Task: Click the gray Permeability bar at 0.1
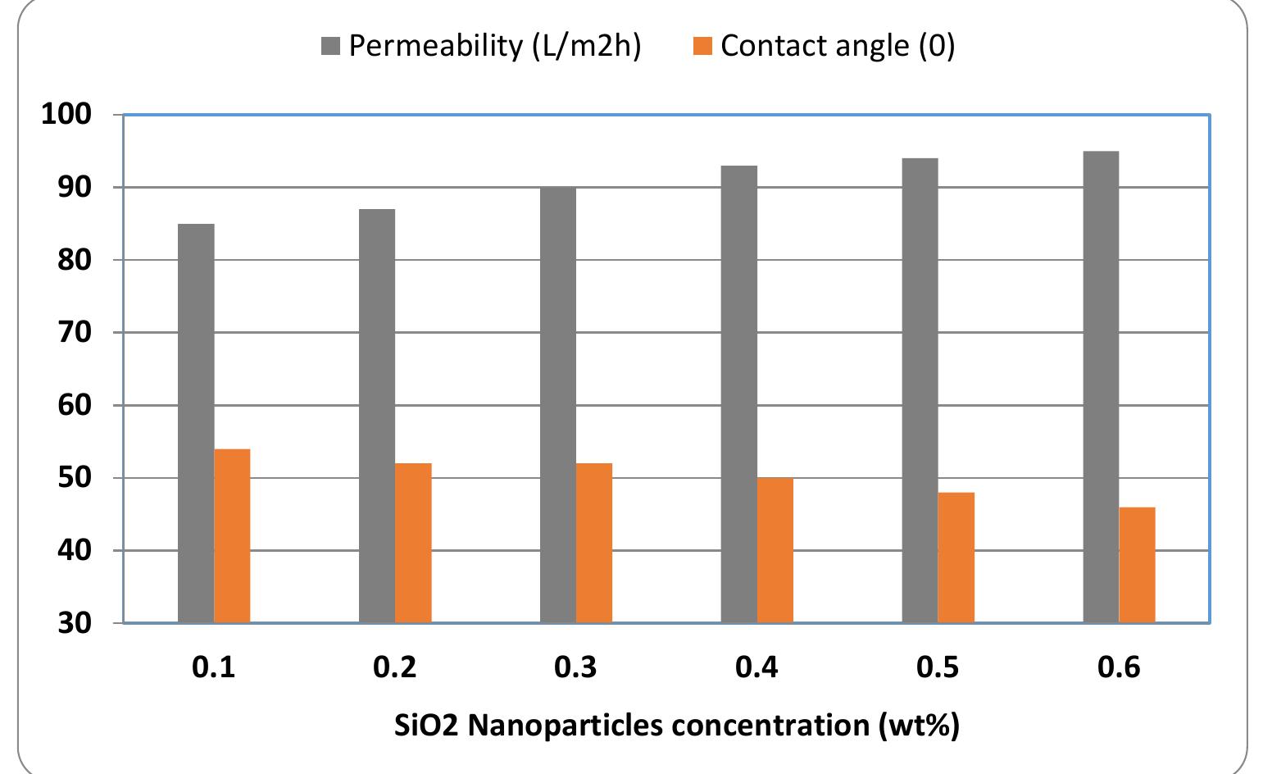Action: pyautogui.click(x=196, y=423)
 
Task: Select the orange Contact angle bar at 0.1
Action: pyautogui.click(x=232, y=536)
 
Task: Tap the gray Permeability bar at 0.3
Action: pyautogui.click(x=558, y=405)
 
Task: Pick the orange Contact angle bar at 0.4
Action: pyautogui.click(x=775, y=550)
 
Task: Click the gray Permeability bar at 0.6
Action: pyautogui.click(x=1101, y=387)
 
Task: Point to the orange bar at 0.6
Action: pyautogui.click(x=1137, y=565)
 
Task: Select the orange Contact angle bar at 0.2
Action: pyautogui.click(x=413, y=543)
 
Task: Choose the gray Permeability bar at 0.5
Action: pyautogui.click(x=920, y=390)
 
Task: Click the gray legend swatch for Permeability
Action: pyautogui.click(x=331, y=47)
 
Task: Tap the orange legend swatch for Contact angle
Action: pyautogui.click(x=703, y=47)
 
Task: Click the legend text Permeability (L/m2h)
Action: pyautogui.click(x=495, y=46)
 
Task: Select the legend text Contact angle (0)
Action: pyautogui.click(x=838, y=46)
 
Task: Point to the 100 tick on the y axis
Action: pyautogui.click(x=66, y=115)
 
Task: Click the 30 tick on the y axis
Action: pyautogui.click(x=75, y=623)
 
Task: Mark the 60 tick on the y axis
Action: pyautogui.click(x=75, y=405)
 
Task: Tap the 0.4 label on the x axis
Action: pyautogui.click(x=756, y=667)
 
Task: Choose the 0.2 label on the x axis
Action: pyautogui.click(x=394, y=667)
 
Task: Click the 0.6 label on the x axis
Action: pyautogui.click(x=1119, y=667)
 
